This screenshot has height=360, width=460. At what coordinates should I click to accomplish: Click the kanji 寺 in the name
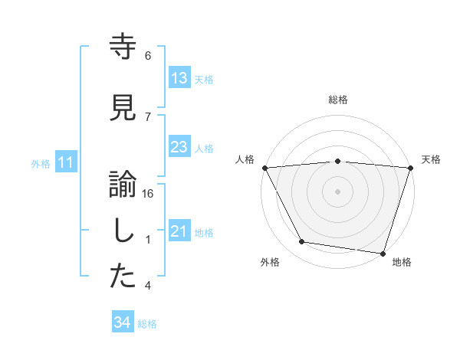123,47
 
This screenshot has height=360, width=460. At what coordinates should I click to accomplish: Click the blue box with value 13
179,78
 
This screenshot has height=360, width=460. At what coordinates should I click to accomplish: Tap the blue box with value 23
179,147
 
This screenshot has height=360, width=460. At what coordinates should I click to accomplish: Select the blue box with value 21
179,232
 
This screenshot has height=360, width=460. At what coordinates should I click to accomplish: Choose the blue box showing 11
66,162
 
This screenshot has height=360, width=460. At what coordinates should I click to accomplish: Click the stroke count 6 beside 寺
148,56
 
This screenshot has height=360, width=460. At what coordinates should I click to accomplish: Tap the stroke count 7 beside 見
148,116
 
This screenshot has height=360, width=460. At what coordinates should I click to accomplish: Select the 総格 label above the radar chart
337,100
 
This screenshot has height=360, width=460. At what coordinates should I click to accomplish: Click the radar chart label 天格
431,159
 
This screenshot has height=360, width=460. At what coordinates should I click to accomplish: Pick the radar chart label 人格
245,159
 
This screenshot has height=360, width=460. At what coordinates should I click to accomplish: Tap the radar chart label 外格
270,263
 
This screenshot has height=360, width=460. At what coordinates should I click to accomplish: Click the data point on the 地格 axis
383,253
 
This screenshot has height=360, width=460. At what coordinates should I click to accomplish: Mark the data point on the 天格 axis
410,168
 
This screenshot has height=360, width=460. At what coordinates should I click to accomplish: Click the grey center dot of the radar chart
337,191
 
